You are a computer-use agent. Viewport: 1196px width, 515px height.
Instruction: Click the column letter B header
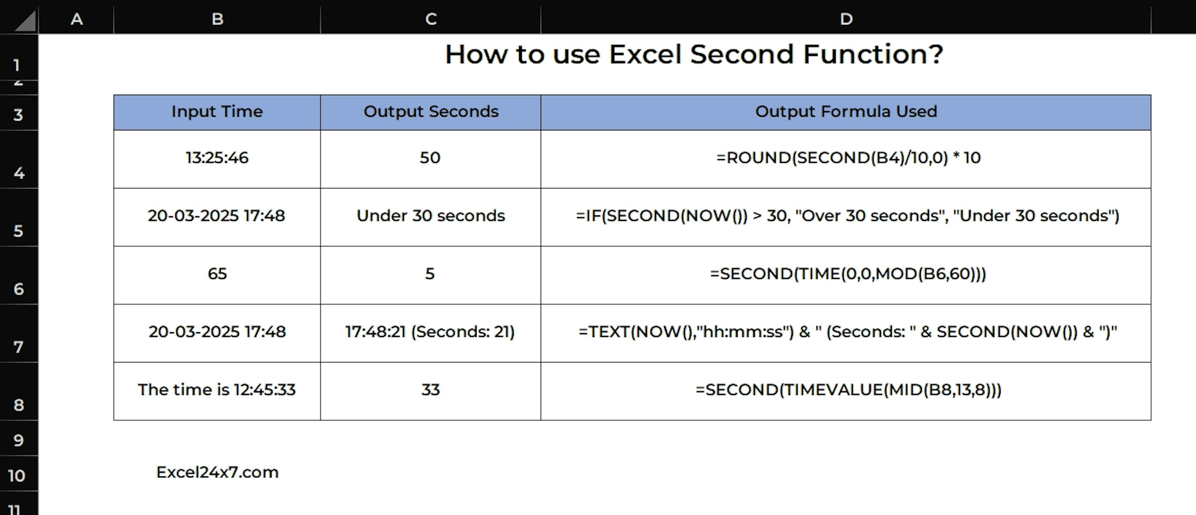point(217,19)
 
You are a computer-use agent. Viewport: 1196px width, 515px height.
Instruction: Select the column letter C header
point(431,19)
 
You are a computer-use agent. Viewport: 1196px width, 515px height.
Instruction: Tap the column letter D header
point(846,19)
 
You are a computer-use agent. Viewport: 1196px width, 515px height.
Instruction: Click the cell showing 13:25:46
point(217,159)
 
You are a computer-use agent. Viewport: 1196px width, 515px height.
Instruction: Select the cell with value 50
point(431,159)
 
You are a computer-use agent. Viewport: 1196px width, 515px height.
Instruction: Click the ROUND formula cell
point(846,159)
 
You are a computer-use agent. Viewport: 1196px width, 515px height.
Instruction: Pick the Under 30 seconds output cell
point(431,217)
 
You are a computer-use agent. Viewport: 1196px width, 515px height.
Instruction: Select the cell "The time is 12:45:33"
point(217,391)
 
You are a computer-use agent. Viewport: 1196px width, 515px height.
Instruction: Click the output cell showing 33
point(431,391)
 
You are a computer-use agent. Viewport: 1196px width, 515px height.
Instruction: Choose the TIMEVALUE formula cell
point(846,391)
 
